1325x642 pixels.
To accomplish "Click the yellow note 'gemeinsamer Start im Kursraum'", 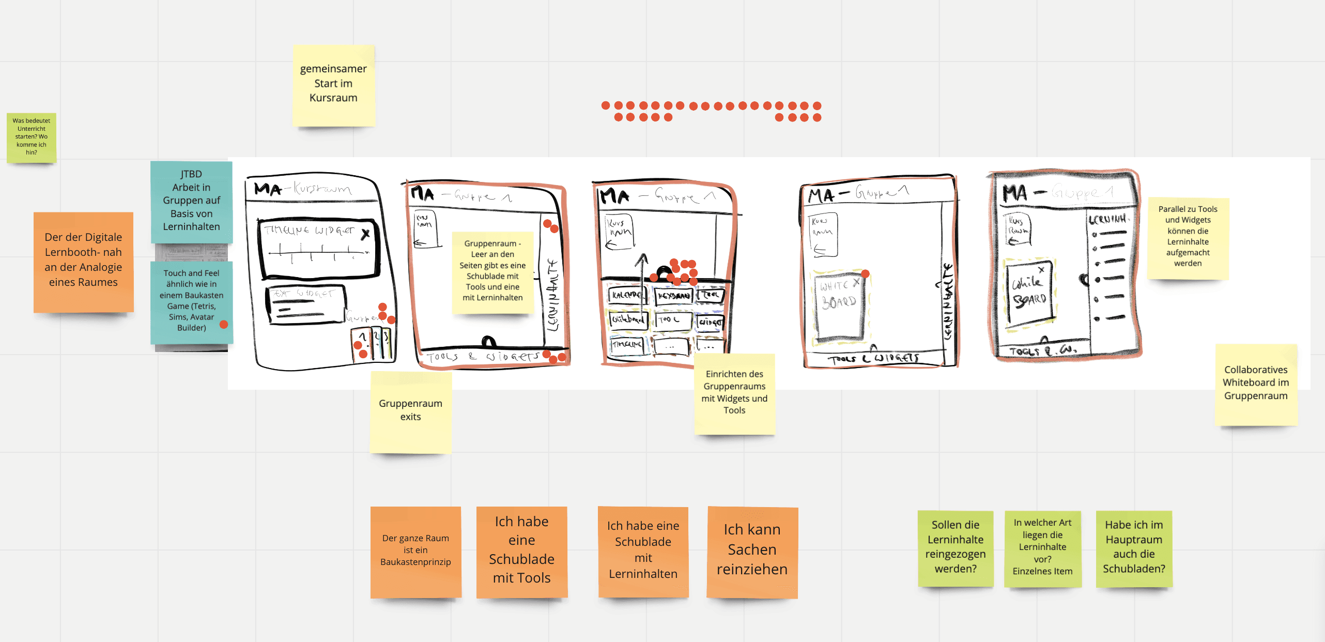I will point(333,85).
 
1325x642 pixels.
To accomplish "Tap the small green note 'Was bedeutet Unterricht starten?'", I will point(32,137).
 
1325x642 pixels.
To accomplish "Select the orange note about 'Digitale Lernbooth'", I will point(83,262).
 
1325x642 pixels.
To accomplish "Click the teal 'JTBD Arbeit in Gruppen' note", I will point(191,202).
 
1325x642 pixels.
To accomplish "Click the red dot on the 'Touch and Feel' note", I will point(224,325).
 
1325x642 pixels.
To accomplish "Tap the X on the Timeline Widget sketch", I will point(365,235).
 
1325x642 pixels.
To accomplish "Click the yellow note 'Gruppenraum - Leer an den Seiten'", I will point(492,272).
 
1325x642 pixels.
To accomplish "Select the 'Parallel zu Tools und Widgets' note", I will point(1188,238).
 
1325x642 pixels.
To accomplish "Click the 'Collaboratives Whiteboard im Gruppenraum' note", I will point(1256,385).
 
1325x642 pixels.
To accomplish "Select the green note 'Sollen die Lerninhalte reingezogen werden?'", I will point(956,548).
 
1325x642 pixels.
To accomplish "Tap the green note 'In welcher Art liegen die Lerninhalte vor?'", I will point(1042,548).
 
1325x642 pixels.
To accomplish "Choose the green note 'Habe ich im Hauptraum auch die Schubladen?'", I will point(1134,548).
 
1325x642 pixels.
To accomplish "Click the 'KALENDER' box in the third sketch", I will point(626,295).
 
